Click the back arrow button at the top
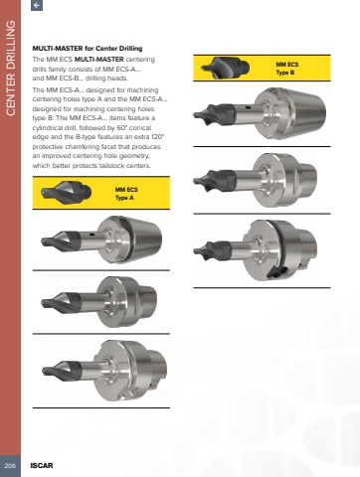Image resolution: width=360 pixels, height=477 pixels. point(37,5)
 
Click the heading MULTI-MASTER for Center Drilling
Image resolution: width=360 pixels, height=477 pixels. point(88,49)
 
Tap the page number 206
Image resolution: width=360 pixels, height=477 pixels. point(10,465)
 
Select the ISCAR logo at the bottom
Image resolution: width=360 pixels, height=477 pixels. point(42,465)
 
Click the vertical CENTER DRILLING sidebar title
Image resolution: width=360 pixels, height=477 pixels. point(11,68)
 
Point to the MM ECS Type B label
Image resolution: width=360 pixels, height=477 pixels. point(287,69)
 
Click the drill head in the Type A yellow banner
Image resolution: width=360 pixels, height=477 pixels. point(66,192)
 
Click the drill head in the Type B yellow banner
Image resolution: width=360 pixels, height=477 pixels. point(225,68)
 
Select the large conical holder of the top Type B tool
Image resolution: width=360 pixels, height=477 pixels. point(290,113)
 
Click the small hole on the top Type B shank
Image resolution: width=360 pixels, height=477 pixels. point(248,107)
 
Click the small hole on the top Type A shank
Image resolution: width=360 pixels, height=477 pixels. point(92,235)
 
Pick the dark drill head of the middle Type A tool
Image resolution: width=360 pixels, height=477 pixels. point(61,301)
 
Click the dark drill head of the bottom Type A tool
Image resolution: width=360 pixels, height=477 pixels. point(62,368)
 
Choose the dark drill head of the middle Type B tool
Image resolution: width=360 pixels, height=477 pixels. point(214,181)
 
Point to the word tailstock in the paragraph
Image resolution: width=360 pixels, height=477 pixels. point(110,166)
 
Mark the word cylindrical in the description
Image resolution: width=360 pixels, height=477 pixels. point(46,128)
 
